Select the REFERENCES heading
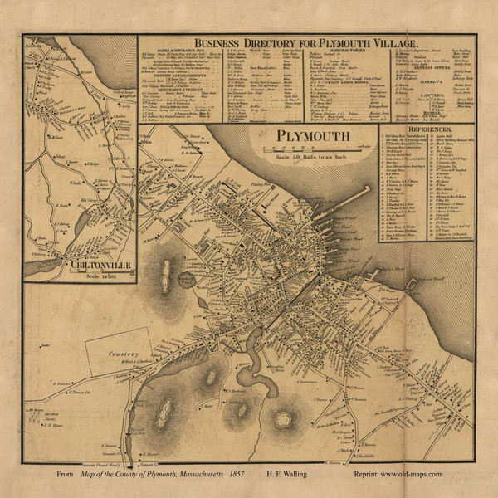[x=428, y=130]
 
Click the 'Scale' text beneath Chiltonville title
[x=78, y=275]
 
